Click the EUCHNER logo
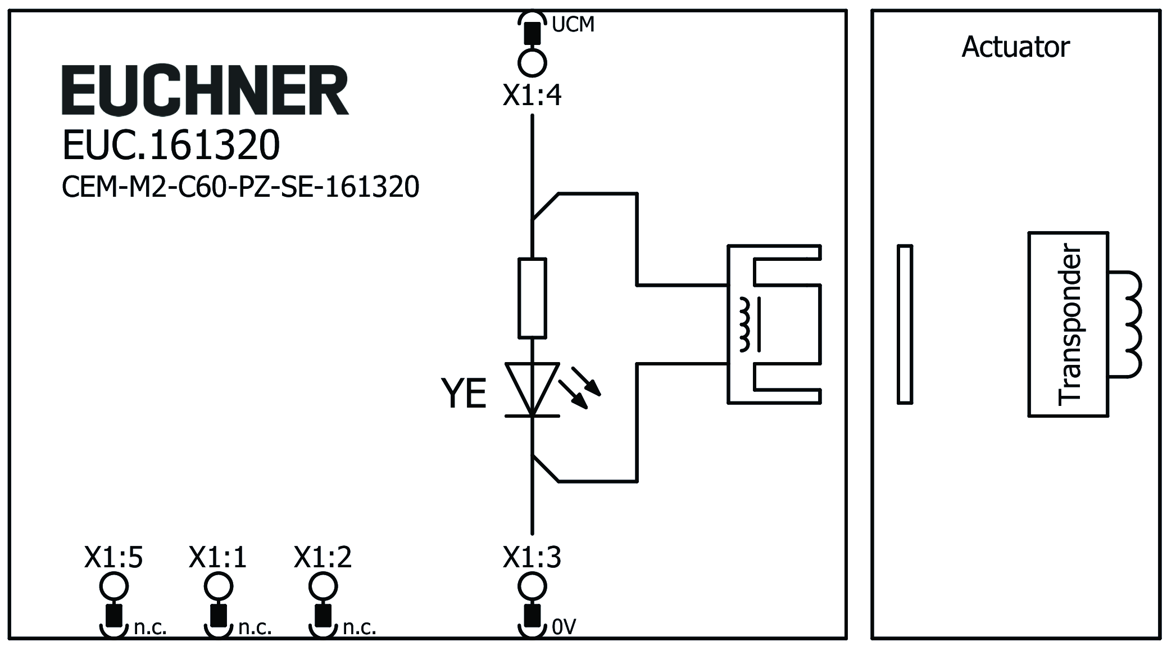[x=205, y=91]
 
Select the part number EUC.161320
[x=171, y=145]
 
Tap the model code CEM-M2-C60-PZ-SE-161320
[x=240, y=187]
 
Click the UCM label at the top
[x=573, y=25]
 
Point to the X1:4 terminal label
[x=532, y=96]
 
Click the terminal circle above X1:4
[x=532, y=62]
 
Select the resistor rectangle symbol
[x=532, y=298]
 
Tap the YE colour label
[x=464, y=394]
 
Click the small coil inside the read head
[x=745, y=325]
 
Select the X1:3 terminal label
[x=532, y=558]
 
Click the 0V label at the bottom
[x=564, y=627]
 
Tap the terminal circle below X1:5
[x=113, y=587]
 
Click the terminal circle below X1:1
[x=218, y=587]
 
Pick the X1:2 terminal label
[x=323, y=558]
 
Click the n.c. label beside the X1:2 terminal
[x=360, y=627]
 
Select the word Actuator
[x=1015, y=47]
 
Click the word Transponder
[x=1069, y=324]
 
